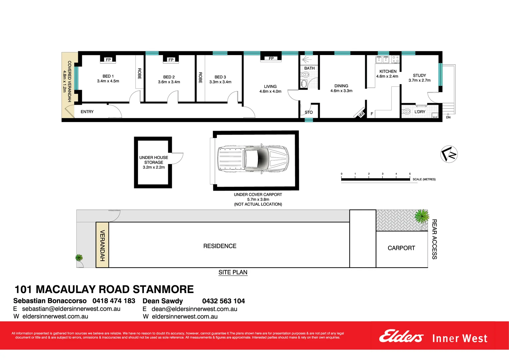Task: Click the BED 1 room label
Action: pyautogui.click(x=108, y=76)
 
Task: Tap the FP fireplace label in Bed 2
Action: pyautogui.click(x=171, y=60)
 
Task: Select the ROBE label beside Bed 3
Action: pyautogui.click(x=200, y=77)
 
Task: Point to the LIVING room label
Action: pyautogui.click(x=270, y=86)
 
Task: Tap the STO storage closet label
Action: pyautogui.click(x=309, y=112)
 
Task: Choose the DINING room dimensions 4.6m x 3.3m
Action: pyautogui.click(x=341, y=91)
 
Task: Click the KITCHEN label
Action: pyautogui.click(x=388, y=71)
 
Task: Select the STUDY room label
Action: pyautogui.click(x=419, y=76)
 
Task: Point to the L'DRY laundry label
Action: pyautogui.click(x=420, y=112)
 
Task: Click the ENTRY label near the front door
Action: pyautogui.click(x=87, y=112)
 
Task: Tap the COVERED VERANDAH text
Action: pyautogui.click(x=69, y=81)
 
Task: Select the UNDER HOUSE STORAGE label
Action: pyautogui.click(x=154, y=160)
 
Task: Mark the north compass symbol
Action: pyautogui.click(x=449, y=154)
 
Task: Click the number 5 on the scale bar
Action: pyautogui.click(x=410, y=174)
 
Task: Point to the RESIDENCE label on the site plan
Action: pyautogui.click(x=220, y=246)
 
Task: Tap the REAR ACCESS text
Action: pyautogui.click(x=434, y=239)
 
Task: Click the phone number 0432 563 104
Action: pyautogui.click(x=223, y=301)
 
